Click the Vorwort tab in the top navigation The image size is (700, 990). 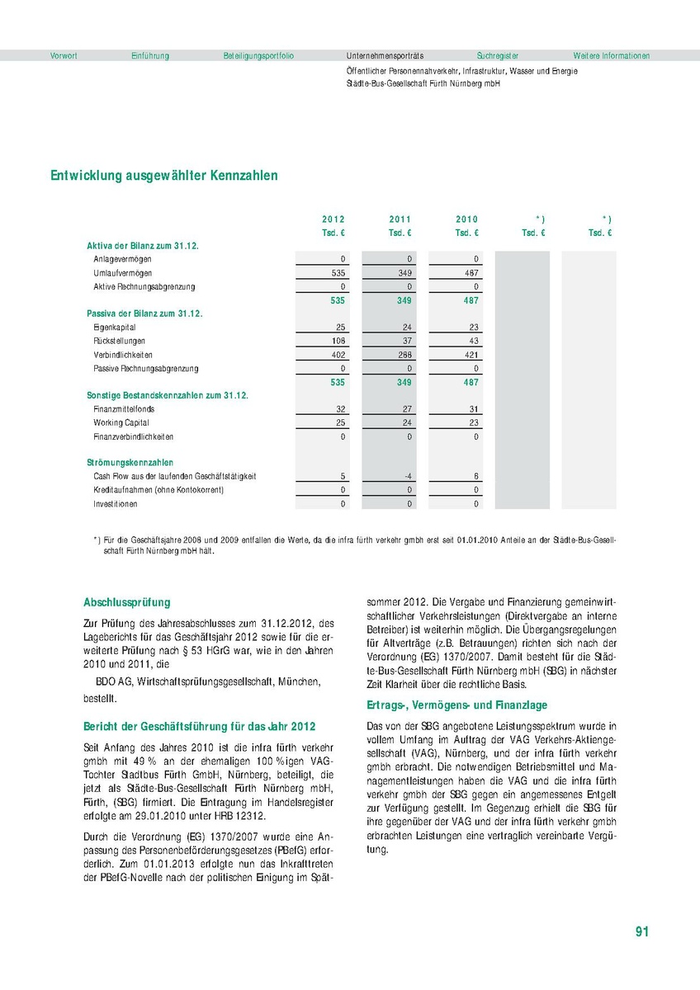[x=64, y=56]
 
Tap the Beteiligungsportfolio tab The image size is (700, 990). [x=258, y=56]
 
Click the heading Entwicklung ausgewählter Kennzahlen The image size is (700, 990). [x=164, y=176]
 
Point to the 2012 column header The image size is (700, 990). [x=333, y=219]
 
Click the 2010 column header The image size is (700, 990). [x=467, y=219]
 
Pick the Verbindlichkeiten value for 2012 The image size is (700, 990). [x=335, y=355]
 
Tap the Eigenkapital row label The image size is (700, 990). [x=114, y=328]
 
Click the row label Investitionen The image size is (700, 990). [x=116, y=504]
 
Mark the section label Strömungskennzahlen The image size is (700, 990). [x=130, y=463]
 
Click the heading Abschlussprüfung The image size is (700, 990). [x=127, y=603]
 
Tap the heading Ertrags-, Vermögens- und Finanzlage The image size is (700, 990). [x=456, y=705]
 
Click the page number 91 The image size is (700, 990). [x=642, y=931]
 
